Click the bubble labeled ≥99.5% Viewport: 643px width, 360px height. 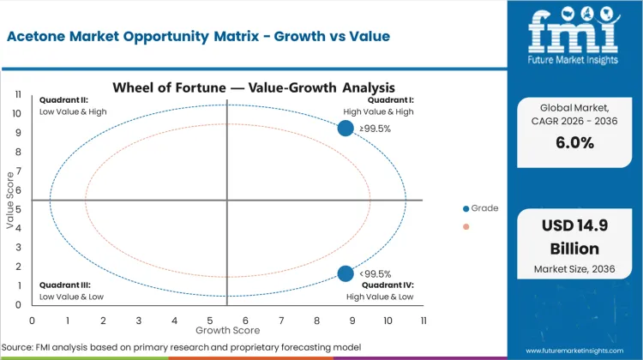click(x=346, y=128)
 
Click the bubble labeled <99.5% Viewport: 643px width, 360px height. click(x=346, y=273)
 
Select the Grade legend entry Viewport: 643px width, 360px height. click(x=484, y=208)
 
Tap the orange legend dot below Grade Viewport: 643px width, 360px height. click(x=466, y=227)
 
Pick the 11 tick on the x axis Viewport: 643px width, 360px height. click(x=423, y=320)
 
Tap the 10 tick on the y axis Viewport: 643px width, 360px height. click(x=17, y=113)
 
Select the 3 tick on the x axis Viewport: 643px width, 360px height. click(x=139, y=320)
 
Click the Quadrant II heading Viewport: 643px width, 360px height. click(x=61, y=100)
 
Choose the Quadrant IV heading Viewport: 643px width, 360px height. click(x=390, y=285)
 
